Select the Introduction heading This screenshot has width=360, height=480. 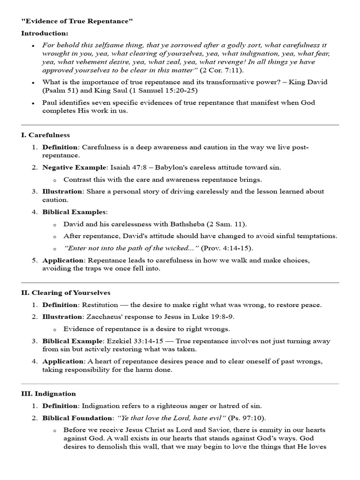tap(45, 33)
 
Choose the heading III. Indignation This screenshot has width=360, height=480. tap(48, 394)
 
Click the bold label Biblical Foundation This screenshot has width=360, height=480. tap(77, 418)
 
